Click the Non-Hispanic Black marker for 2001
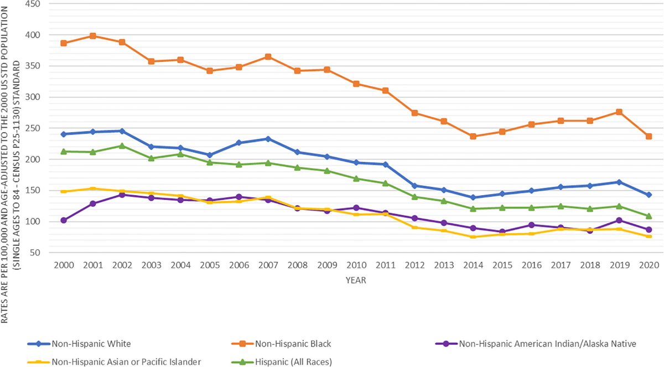(x=93, y=36)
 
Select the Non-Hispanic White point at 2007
(x=268, y=139)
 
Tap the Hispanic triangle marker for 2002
(x=122, y=146)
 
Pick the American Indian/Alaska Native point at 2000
(x=64, y=220)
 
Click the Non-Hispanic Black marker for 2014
(x=473, y=136)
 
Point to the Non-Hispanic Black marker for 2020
(x=649, y=136)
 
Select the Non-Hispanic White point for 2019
(x=619, y=182)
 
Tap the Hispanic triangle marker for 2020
(x=649, y=216)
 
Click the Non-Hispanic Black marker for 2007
(x=268, y=56)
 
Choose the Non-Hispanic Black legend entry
(x=293, y=344)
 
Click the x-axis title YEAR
(x=356, y=280)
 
